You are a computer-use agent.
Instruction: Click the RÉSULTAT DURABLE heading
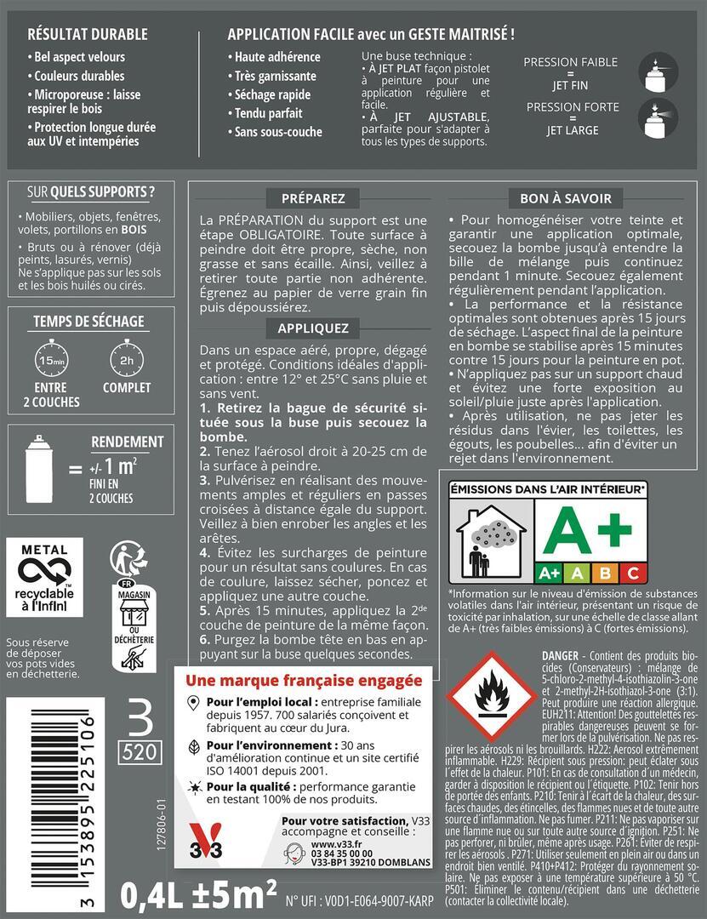88,35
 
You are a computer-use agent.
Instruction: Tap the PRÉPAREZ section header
313,198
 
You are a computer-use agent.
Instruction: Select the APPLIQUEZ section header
313,328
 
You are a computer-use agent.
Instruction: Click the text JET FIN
570,86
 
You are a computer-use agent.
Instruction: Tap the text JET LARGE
572,131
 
